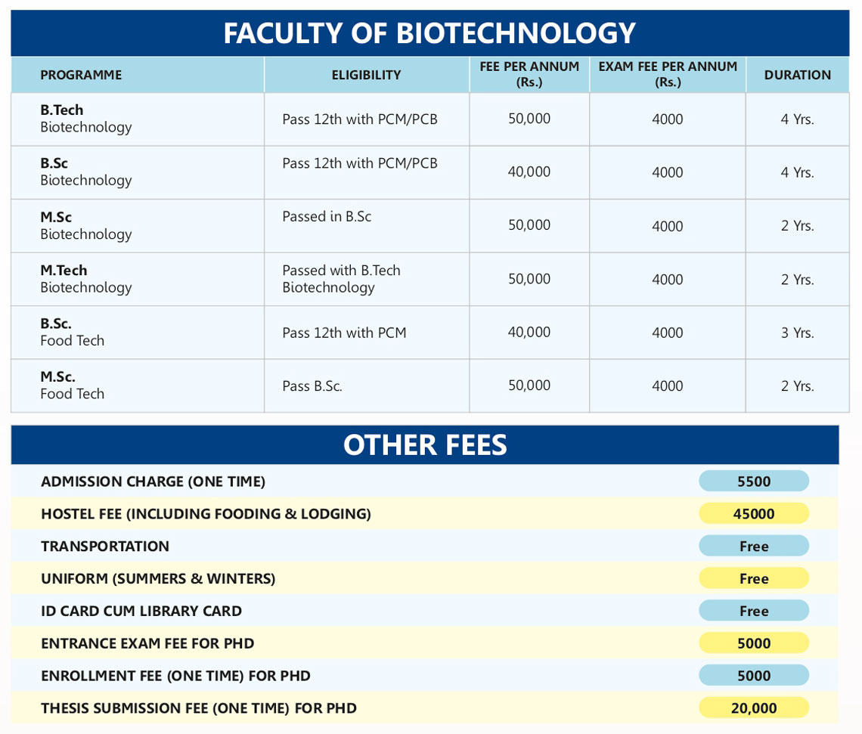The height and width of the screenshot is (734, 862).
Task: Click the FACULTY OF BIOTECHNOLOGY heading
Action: pos(429,33)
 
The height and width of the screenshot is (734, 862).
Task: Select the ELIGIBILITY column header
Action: pos(366,75)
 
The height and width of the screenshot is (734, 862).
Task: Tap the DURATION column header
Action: pos(797,75)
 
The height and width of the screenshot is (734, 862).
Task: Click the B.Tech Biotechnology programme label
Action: pos(85,119)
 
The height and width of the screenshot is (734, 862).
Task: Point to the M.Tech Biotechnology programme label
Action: pos(85,279)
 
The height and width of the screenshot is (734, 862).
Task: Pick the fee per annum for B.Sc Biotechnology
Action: pos(529,172)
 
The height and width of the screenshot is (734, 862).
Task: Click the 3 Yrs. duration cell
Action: pos(797,333)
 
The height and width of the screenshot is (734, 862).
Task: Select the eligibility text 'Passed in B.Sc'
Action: pos(327,217)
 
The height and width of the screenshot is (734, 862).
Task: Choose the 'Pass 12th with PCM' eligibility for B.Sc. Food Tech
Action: pos(344,333)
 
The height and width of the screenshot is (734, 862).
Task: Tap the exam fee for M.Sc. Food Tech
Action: pos(668,386)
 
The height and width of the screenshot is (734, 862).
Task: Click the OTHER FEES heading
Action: pos(425,445)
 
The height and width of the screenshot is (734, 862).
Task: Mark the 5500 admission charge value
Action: pos(754,482)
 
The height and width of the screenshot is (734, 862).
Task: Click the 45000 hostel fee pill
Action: pos(754,514)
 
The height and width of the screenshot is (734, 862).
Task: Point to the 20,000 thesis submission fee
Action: pos(754,708)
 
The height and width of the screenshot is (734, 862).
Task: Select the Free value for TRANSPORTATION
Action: pos(754,547)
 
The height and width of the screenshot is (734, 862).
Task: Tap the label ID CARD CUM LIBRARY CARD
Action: pos(141,611)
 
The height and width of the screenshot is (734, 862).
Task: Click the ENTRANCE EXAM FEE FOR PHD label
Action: pos(147,643)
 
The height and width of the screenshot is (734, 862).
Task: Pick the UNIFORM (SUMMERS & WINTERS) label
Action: pos(158,579)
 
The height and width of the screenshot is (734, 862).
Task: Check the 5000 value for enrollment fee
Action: pos(754,676)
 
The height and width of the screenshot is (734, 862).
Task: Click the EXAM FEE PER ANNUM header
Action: pos(668,74)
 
